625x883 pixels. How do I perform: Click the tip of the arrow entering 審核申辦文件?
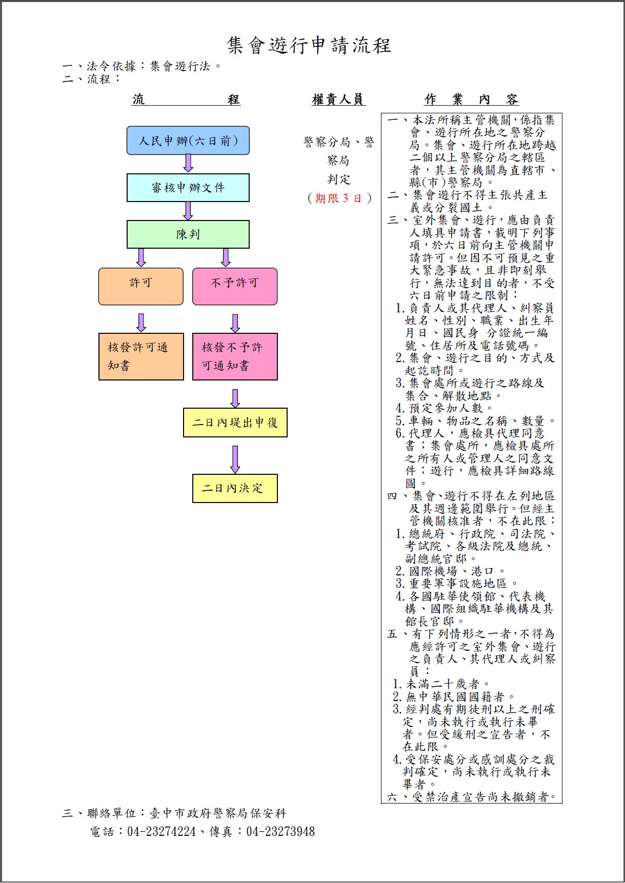[188, 172]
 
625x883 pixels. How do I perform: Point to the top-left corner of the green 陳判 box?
[127, 221]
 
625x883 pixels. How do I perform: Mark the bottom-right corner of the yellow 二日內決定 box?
[277, 503]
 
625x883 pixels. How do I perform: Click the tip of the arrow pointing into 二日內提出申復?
[235, 408]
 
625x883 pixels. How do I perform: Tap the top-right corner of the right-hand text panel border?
[562, 113]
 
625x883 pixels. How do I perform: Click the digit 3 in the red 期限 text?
[345, 198]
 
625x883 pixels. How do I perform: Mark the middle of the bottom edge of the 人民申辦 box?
[188, 154]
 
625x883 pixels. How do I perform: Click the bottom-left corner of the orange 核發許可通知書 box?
[99, 380]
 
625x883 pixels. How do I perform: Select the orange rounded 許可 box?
[141, 286]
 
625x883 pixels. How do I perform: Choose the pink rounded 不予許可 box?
[235, 286]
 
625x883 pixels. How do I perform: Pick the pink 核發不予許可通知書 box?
[235, 356]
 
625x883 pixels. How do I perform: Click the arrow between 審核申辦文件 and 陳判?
[188, 211]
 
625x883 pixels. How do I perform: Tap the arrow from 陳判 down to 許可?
[141, 257]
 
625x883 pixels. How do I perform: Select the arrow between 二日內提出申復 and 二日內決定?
[235, 459]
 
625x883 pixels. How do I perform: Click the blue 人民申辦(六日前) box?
[188, 141]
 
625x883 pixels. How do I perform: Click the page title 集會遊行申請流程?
[309, 46]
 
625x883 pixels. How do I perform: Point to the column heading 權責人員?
[338, 99]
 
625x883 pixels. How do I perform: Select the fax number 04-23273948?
[280, 831]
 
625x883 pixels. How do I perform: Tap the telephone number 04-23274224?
[162, 831]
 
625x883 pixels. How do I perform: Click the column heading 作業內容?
[471, 99]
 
